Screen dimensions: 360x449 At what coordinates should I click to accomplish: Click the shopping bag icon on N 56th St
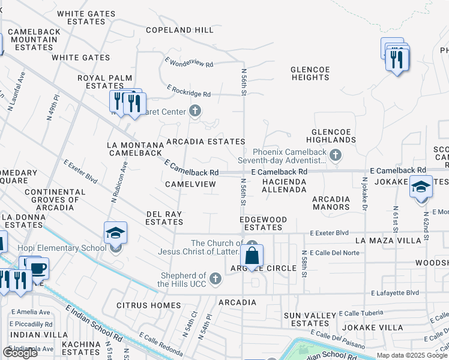pyautogui.click(x=253, y=256)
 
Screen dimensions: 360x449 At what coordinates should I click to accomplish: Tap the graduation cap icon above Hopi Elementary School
pyautogui.click(x=116, y=233)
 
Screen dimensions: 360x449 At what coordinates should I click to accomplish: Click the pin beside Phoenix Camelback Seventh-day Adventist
pyautogui.click(x=336, y=156)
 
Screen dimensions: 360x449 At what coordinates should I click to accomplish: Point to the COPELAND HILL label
pyautogui.click(x=179, y=30)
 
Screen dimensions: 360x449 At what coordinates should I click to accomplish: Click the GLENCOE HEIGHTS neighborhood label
pyautogui.click(x=310, y=73)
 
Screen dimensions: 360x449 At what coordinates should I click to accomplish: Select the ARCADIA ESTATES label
pyautogui.click(x=205, y=142)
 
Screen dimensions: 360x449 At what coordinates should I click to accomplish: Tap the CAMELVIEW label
pyautogui.click(x=190, y=184)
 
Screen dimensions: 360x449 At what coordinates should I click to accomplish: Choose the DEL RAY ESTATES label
pyautogui.click(x=164, y=217)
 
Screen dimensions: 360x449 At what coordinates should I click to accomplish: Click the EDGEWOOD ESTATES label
pyautogui.click(x=264, y=223)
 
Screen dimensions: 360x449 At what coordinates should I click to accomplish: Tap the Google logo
pyautogui.click(x=20, y=352)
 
